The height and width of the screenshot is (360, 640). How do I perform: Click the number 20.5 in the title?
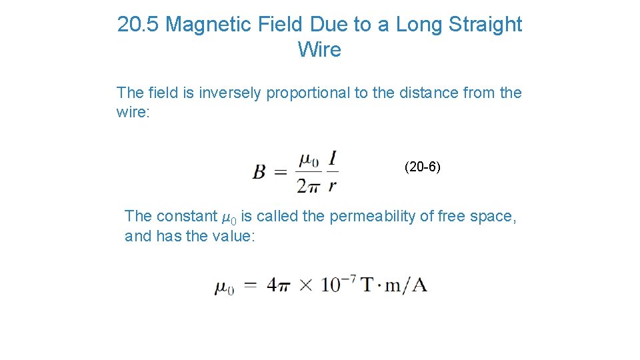(138, 25)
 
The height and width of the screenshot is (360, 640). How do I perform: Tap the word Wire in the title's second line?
(319, 50)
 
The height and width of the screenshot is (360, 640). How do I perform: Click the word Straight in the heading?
(485, 25)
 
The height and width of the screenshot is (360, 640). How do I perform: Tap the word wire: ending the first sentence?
(134, 112)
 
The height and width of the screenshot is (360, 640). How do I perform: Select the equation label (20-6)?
(422, 167)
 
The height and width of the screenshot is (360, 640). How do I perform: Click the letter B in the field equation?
(259, 173)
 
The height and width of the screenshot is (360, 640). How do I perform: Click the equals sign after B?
(281, 173)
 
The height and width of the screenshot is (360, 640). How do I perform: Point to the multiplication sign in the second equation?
(305, 286)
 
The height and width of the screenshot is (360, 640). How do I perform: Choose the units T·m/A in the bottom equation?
(394, 285)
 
